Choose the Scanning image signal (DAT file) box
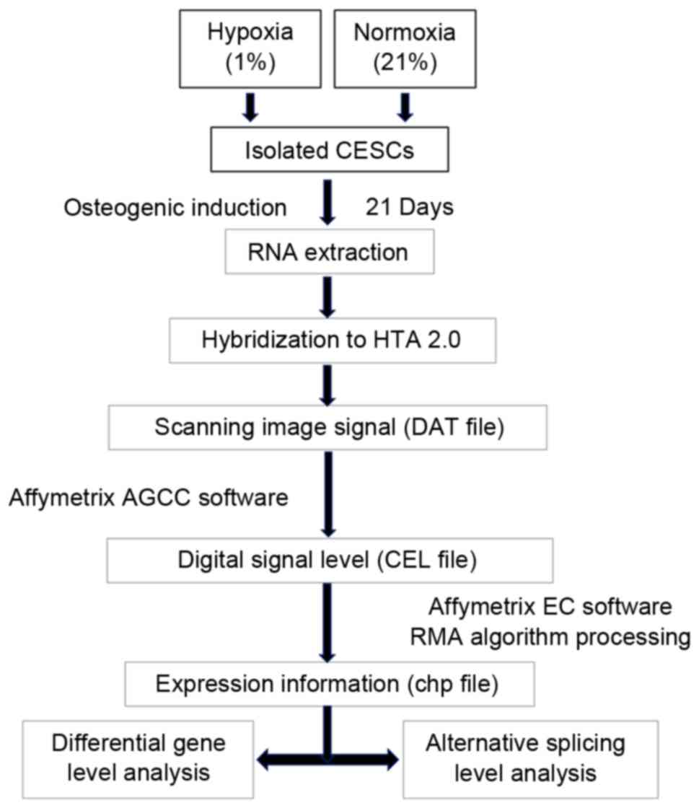(328, 429)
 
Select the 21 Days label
(408, 208)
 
